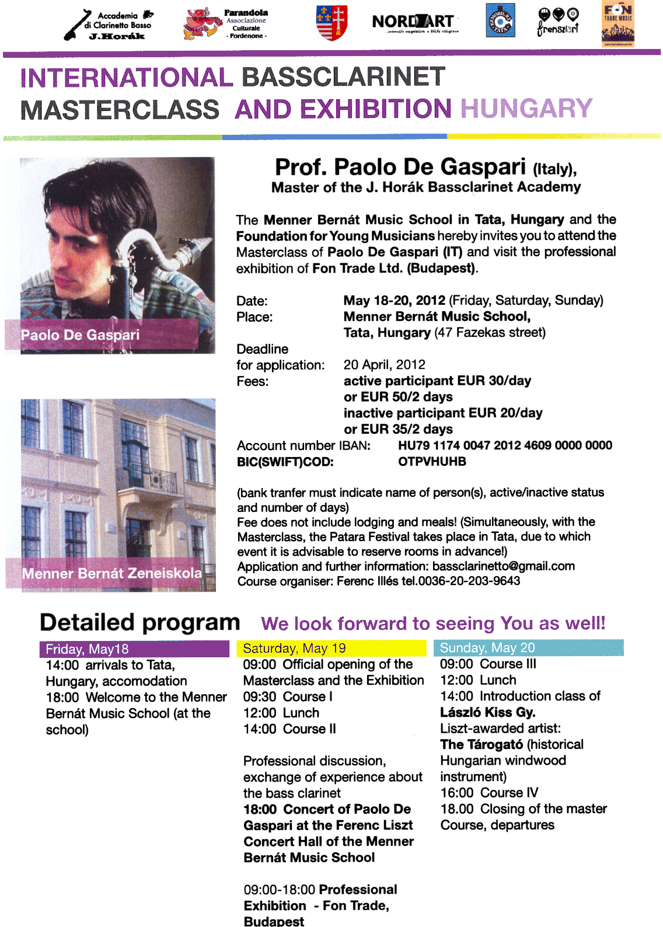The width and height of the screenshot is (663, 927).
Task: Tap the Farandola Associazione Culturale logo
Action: pyautogui.click(x=226, y=25)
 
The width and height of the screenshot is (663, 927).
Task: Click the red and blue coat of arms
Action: pyautogui.click(x=331, y=23)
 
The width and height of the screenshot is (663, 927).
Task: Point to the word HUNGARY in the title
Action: pyautogui.click(x=526, y=109)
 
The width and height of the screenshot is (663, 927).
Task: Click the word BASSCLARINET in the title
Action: pyautogui.click(x=343, y=77)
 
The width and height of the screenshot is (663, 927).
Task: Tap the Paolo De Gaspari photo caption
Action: pyautogui.click(x=81, y=335)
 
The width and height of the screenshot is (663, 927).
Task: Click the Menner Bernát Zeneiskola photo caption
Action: pyautogui.click(x=112, y=573)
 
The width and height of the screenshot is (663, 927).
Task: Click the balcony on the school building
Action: pyautogui.click(x=148, y=480)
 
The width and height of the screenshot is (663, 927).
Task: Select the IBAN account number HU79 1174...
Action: pyautogui.click(x=505, y=445)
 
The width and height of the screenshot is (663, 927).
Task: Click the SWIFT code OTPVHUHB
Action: pyautogui.click(x=432, y=462)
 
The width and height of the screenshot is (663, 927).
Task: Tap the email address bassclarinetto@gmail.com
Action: pyautogui.click(x=504, y=566)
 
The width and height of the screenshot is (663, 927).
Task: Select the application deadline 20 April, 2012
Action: pyautogui.click(x=384, y=365)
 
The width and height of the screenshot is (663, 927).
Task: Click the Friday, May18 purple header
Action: pyautogui.click(x=134, y=649)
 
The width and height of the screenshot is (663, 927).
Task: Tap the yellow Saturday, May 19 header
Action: pyautogui.click(x=331, y=649)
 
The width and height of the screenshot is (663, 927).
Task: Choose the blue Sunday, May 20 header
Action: pyautogui.click(x=528, y=648)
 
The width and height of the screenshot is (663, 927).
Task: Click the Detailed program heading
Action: pyautogui.click(x=140, y=623)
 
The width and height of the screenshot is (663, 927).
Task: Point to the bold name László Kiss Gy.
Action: pyautogui.click(x=488, y=712)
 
